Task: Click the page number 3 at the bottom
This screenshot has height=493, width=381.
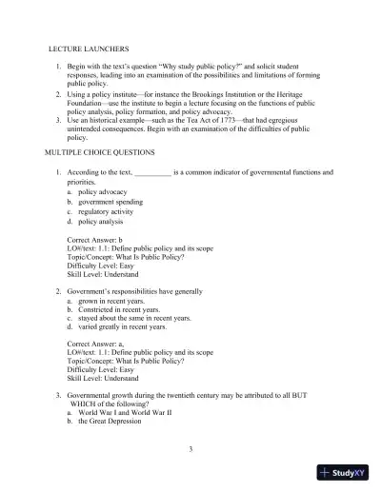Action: [190, 446]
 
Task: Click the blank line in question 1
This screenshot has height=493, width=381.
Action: [152, 171]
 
